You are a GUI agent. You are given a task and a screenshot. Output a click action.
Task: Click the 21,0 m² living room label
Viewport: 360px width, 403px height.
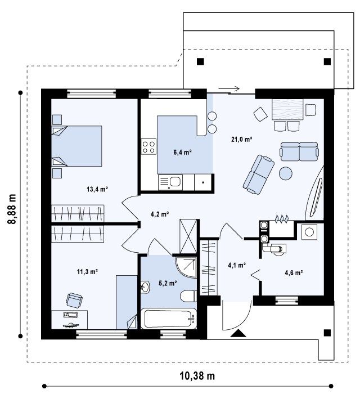click(x=241, y=140)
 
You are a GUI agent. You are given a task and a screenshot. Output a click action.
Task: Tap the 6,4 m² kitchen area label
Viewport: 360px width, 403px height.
click(x=183, y=153)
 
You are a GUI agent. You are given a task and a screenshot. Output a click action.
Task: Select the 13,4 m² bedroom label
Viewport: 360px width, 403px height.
click(x=97, y=190)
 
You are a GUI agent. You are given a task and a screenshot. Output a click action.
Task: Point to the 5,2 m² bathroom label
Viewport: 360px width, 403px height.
click(x=168, y=283)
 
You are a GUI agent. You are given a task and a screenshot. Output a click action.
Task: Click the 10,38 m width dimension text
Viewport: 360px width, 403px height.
click(x=197, y=376)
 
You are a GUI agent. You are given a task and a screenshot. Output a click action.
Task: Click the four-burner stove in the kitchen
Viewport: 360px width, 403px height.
click(x=148, y=147)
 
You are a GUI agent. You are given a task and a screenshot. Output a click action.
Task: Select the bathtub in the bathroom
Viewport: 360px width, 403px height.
click(x=168, y=319)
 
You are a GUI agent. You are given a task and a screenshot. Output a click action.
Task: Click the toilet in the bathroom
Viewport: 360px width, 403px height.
click(x=189, y=296)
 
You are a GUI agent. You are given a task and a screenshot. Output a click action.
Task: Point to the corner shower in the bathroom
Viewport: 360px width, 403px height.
click(x=186, y=267)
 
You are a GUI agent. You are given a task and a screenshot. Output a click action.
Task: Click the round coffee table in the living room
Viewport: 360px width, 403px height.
click(x=286, y=173)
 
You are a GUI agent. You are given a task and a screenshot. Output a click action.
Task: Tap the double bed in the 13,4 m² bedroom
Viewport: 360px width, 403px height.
click(x=76, y=146)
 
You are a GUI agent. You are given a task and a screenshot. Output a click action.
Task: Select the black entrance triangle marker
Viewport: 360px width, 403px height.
click(x=238, y=333)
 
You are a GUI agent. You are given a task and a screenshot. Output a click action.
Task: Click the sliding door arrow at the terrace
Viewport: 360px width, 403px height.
click(x=229, y=89)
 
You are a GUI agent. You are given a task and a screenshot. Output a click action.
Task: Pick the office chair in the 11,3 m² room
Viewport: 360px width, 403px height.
click(x=74, y=300)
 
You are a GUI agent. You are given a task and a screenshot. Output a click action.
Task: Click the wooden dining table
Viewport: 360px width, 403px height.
click(x=287, y=110)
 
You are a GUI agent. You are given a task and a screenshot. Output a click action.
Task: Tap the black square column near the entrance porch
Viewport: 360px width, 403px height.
click(x=327, y=333)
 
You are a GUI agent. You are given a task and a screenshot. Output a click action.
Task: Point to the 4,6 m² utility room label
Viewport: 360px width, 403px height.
click(x=294, y=272)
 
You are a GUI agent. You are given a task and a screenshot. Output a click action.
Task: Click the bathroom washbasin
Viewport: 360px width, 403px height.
click(x=145, y=287)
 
